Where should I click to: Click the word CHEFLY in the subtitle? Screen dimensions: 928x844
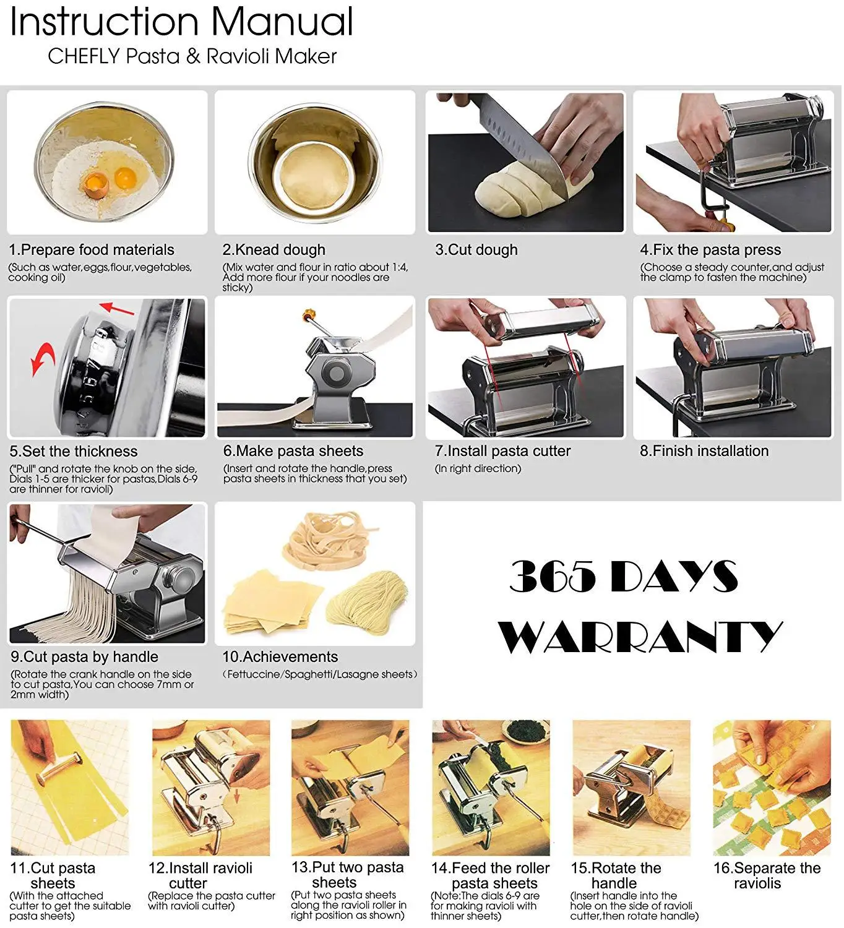tap(83, 56)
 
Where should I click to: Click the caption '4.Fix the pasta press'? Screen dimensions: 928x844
tap(710, 250)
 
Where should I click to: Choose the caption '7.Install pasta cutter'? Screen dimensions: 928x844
tap(502, 451)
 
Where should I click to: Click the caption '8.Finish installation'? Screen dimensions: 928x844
tap(704, 451)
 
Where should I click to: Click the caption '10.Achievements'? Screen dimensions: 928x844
tap(280, 656)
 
